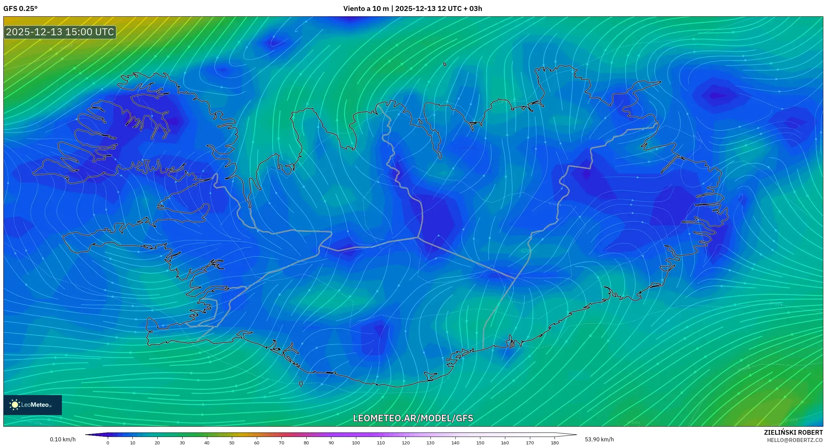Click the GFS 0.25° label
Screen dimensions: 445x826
(20, 9)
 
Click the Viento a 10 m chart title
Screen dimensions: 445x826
(413, 9)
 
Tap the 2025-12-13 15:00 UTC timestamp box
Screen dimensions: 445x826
(60, 32)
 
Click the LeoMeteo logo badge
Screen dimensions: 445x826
(33, 405)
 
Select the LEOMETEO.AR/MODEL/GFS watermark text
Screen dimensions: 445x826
(413, 418)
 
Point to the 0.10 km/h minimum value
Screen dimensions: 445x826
(63, 439)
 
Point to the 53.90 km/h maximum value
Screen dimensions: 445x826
(599, 439)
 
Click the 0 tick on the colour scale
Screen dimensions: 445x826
(108, 442)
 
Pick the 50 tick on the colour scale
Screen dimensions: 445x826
(232, 442)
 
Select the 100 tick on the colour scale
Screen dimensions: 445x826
(356, 442)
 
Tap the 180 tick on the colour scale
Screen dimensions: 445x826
(555, 442)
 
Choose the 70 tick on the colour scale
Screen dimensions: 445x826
(281, 442)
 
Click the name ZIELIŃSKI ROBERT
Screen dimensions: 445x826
(793, 432)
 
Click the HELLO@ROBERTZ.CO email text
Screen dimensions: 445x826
(795, 440)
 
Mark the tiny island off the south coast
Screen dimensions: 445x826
(301, 384)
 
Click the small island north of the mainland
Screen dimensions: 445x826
(445, 64)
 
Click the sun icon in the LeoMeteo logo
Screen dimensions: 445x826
(15, 405)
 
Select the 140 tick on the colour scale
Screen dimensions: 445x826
(455, 442)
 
